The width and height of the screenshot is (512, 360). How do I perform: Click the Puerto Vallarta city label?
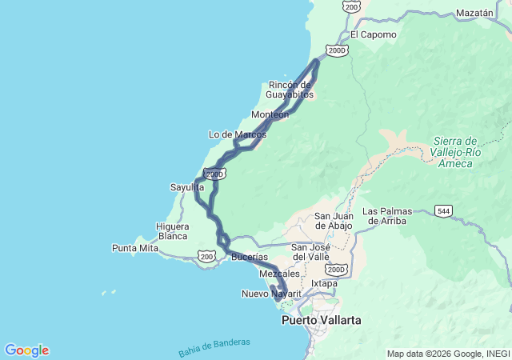[321, 320]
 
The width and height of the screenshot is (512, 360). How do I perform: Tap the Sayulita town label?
[186, 187]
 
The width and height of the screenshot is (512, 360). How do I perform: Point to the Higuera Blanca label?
[172, 231]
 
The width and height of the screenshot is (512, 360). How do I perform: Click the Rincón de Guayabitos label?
[290, 90]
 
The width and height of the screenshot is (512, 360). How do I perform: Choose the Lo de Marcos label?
[237, 134]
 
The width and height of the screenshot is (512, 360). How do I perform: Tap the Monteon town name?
[270, 114]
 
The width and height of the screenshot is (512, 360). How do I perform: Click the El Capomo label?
[373, 34]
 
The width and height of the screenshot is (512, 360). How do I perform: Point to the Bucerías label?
[249, 257]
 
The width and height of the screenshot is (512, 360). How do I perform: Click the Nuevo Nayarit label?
[271, 294]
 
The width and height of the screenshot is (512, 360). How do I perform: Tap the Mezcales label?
[279, 274]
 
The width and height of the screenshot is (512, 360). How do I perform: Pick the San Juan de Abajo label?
[333, 221]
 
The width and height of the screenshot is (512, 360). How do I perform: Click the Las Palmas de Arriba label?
[395, 216]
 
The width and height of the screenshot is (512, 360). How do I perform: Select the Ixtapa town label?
[324, 283]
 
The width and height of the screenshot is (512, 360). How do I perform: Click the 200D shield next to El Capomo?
[338, 50]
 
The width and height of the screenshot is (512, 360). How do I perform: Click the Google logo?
[26, 350]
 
